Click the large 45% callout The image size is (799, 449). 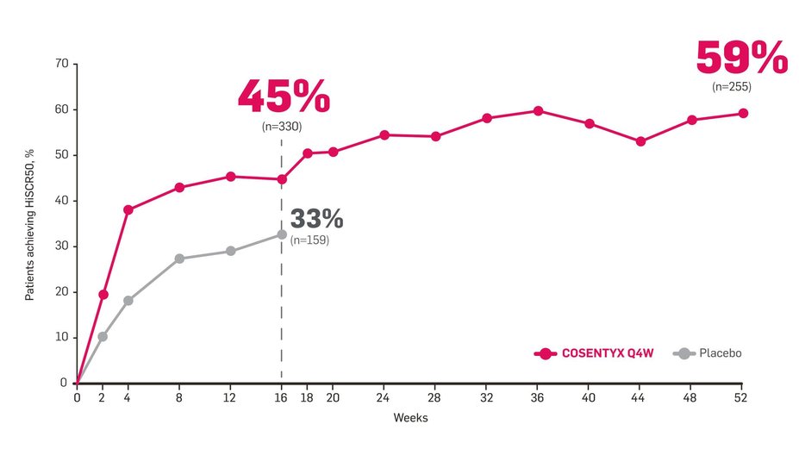pos(283,97)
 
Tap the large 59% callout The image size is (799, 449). pos(741,59)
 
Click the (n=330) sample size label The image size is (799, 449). pos(282,127)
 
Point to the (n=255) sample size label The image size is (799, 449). pos(732,87)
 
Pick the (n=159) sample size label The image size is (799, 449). pos(309,240)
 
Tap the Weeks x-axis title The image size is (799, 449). pos(410,418)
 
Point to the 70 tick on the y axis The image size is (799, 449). pos(61,65)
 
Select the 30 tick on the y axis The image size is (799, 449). pos(61,246)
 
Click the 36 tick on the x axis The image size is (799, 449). pos(538,397)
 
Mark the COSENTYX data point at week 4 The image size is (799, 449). pos(128,209)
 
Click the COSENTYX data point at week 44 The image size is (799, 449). pos(640,141)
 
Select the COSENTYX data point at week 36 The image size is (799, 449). pos(538,111)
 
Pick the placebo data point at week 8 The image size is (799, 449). pos(179,259)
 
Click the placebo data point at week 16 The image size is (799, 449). pos(282,234)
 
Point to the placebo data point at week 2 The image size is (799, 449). pos(103,336)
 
